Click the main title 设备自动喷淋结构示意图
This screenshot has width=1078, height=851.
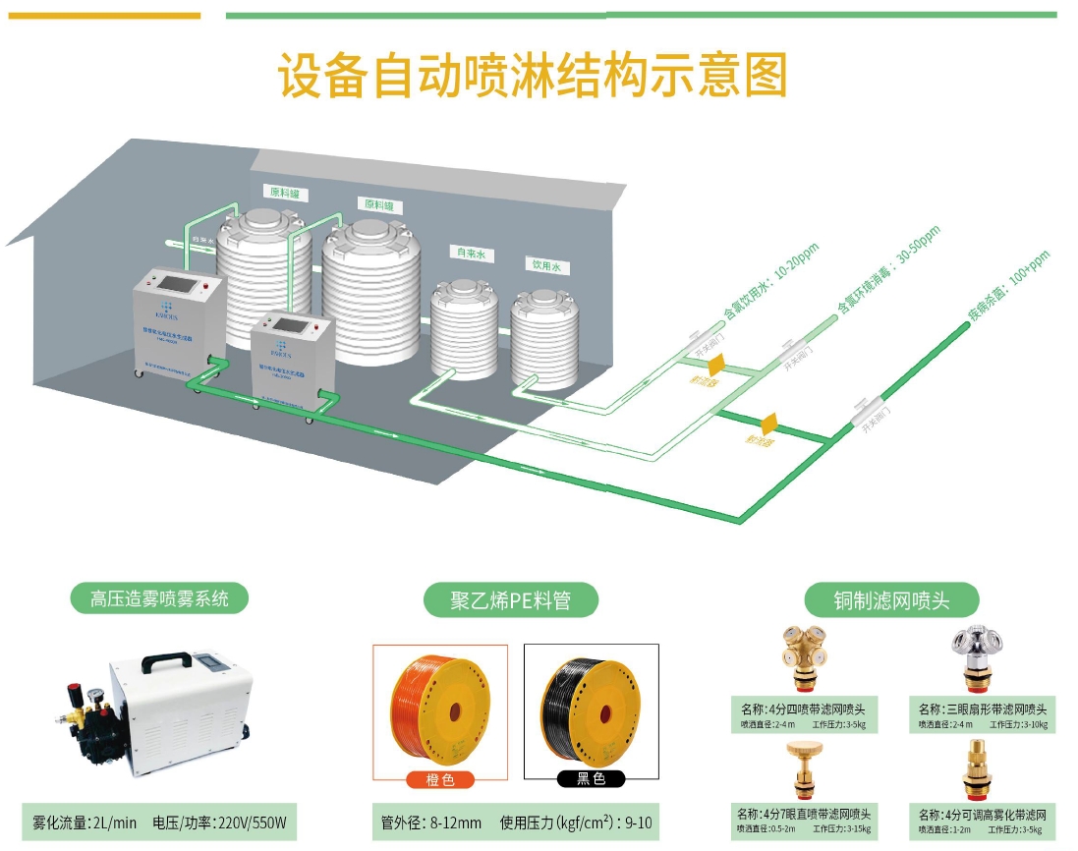tap(533, 77)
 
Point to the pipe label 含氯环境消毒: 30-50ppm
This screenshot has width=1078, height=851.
tap(888, 269)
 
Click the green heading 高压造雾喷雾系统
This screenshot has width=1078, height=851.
tap(159, 598)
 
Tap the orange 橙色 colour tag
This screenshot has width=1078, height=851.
tap(439, 780)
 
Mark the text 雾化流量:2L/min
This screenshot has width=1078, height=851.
tap(85, 823)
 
